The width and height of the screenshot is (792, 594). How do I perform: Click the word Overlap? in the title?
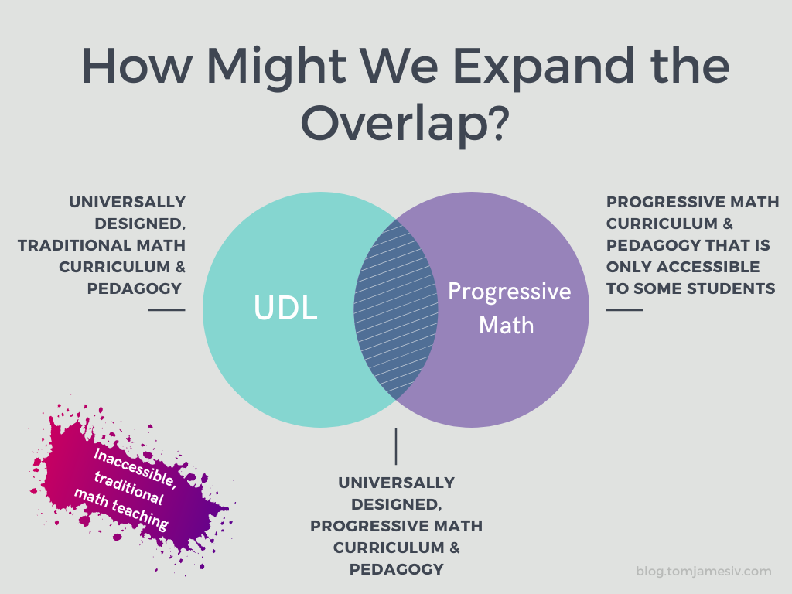405,123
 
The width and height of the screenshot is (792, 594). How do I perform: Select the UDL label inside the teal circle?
285,307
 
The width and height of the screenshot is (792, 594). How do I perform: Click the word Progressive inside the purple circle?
509,292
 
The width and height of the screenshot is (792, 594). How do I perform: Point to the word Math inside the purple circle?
506,325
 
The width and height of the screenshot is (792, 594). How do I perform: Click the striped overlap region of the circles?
395,309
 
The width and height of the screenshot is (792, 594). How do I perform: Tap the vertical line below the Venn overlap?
396,446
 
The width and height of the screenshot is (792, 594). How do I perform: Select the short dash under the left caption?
167,309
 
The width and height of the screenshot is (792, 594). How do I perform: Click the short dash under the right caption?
625,309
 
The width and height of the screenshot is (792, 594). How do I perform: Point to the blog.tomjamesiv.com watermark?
704,572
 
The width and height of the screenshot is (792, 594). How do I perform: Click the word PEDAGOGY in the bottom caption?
397,569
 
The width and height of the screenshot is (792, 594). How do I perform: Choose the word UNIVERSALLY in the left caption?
128,202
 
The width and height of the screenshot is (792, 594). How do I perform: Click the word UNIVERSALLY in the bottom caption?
397,483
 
